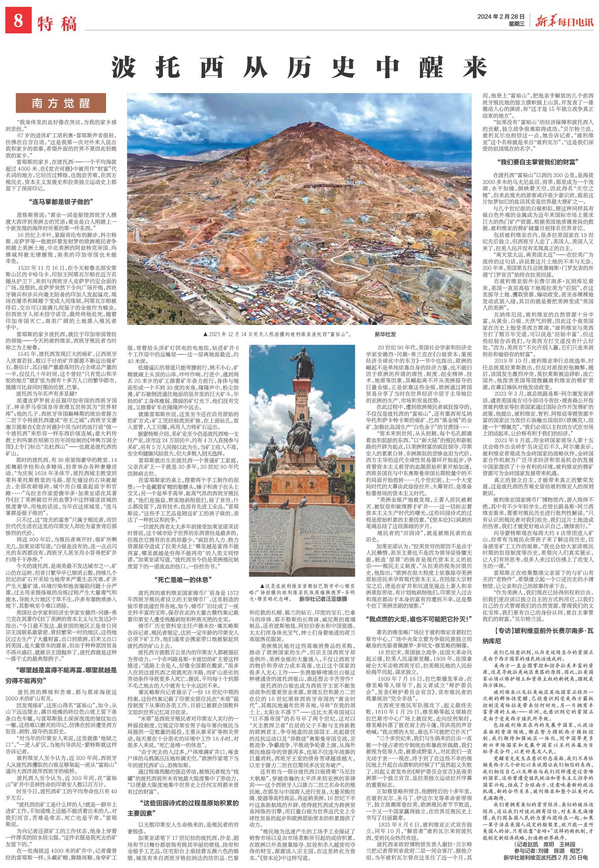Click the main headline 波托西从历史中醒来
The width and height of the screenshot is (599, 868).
[300, 68]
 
